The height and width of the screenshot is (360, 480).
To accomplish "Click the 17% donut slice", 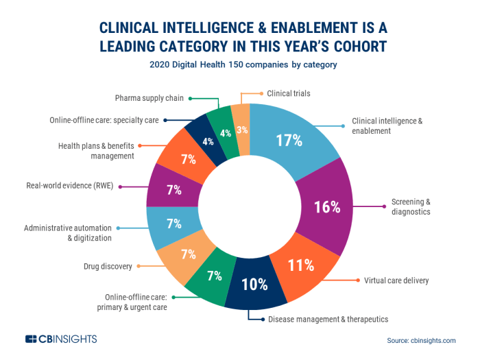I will coord(289,141).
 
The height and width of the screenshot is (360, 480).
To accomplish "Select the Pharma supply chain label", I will coord(149,98).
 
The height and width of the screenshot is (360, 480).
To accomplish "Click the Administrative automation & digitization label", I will coord(68,232).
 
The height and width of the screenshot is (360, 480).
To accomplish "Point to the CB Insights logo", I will coord(61,339).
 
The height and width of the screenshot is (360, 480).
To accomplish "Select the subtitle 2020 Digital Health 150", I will coord(240,64).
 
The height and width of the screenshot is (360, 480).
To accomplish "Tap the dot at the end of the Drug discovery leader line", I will coord(140,266).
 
